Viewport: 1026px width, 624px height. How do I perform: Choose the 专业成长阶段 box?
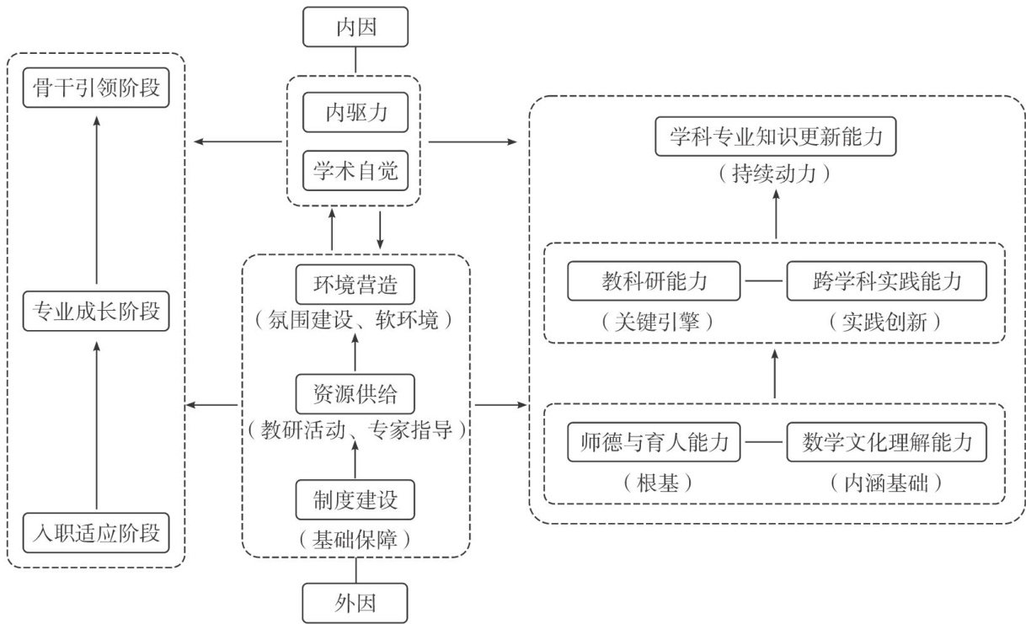pyautogui.click(x=96, y=312)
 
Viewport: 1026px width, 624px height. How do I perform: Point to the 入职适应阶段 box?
pyautogui.click(x=96, y=533)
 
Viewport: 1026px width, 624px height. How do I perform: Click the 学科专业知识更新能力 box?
pyautogui.click(x=775, y=137)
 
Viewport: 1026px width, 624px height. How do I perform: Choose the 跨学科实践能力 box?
pyautogui.click(x=887, y=282)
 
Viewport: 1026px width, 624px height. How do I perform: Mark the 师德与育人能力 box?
pyautogui.click(x=655, y=442)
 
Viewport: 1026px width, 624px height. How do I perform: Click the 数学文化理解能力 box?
pyautogui.click(x=887, y=442)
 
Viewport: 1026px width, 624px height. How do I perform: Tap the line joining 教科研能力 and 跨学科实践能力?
pyautogui.click(x=763, y=282)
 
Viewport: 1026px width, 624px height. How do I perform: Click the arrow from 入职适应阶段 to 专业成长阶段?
pyautogui.click(x=96, y=421)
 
